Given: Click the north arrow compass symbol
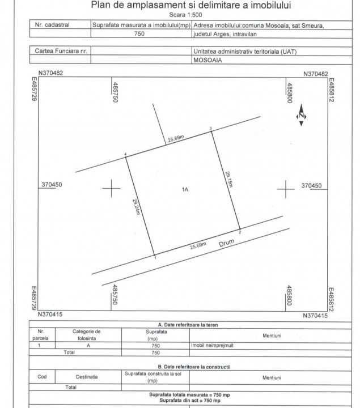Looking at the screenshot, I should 301,116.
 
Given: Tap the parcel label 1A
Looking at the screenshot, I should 185,190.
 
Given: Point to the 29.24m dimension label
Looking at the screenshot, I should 136,209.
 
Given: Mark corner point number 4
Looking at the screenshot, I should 125,155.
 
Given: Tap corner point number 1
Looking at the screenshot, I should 155,257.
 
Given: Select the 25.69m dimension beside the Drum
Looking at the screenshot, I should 198,246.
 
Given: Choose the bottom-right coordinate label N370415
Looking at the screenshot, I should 315,315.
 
